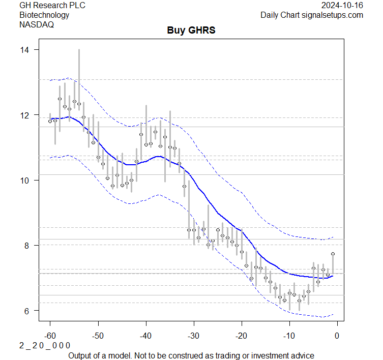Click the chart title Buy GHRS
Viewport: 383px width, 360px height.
point(191,31)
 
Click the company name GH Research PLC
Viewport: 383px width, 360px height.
point(52,6)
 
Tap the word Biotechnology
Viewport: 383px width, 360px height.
point(44,15)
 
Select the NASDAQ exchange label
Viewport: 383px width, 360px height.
point(36,24)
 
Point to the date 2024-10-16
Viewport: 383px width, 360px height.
point(342,6)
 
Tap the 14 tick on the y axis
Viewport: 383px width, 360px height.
point(25,50)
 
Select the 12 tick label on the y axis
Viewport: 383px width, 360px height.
point(25,115)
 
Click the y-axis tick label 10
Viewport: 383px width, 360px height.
point(25,180)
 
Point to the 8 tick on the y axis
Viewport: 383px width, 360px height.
point(27,245)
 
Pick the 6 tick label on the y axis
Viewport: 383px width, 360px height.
point(27,310)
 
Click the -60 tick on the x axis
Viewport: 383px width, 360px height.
point(50,336)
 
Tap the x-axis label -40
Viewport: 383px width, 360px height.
point(145,336)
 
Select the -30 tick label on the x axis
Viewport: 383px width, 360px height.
point(193,336)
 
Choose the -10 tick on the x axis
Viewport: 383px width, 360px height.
point(289,336)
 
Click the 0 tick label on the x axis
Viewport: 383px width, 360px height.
point(337,336)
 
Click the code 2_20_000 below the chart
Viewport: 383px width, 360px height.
point(45,345)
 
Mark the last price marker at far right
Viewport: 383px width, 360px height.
point(333,254)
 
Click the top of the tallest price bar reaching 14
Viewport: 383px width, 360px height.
point(79,50)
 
